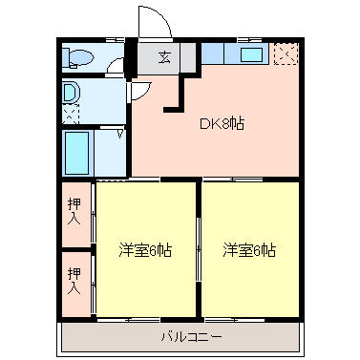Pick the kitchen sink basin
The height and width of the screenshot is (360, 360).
click(252, 55)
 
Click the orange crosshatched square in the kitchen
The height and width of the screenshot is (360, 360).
click(284, 54)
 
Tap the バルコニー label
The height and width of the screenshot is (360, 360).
click(191, 337)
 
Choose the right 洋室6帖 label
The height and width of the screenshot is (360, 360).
click(249, 250)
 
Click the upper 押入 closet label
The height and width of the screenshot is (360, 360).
click(74, 211)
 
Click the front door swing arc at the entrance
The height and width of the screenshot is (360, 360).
click(151, 21)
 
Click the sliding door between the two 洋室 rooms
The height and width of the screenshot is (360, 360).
click(198, 250)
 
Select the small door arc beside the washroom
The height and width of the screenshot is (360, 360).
click(140, 92)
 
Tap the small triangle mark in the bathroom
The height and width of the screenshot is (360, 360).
click(118, 135)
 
